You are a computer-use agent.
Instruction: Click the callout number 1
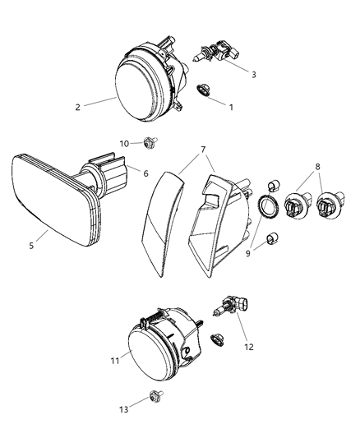(231, 107)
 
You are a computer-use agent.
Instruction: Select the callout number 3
(253, 74)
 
